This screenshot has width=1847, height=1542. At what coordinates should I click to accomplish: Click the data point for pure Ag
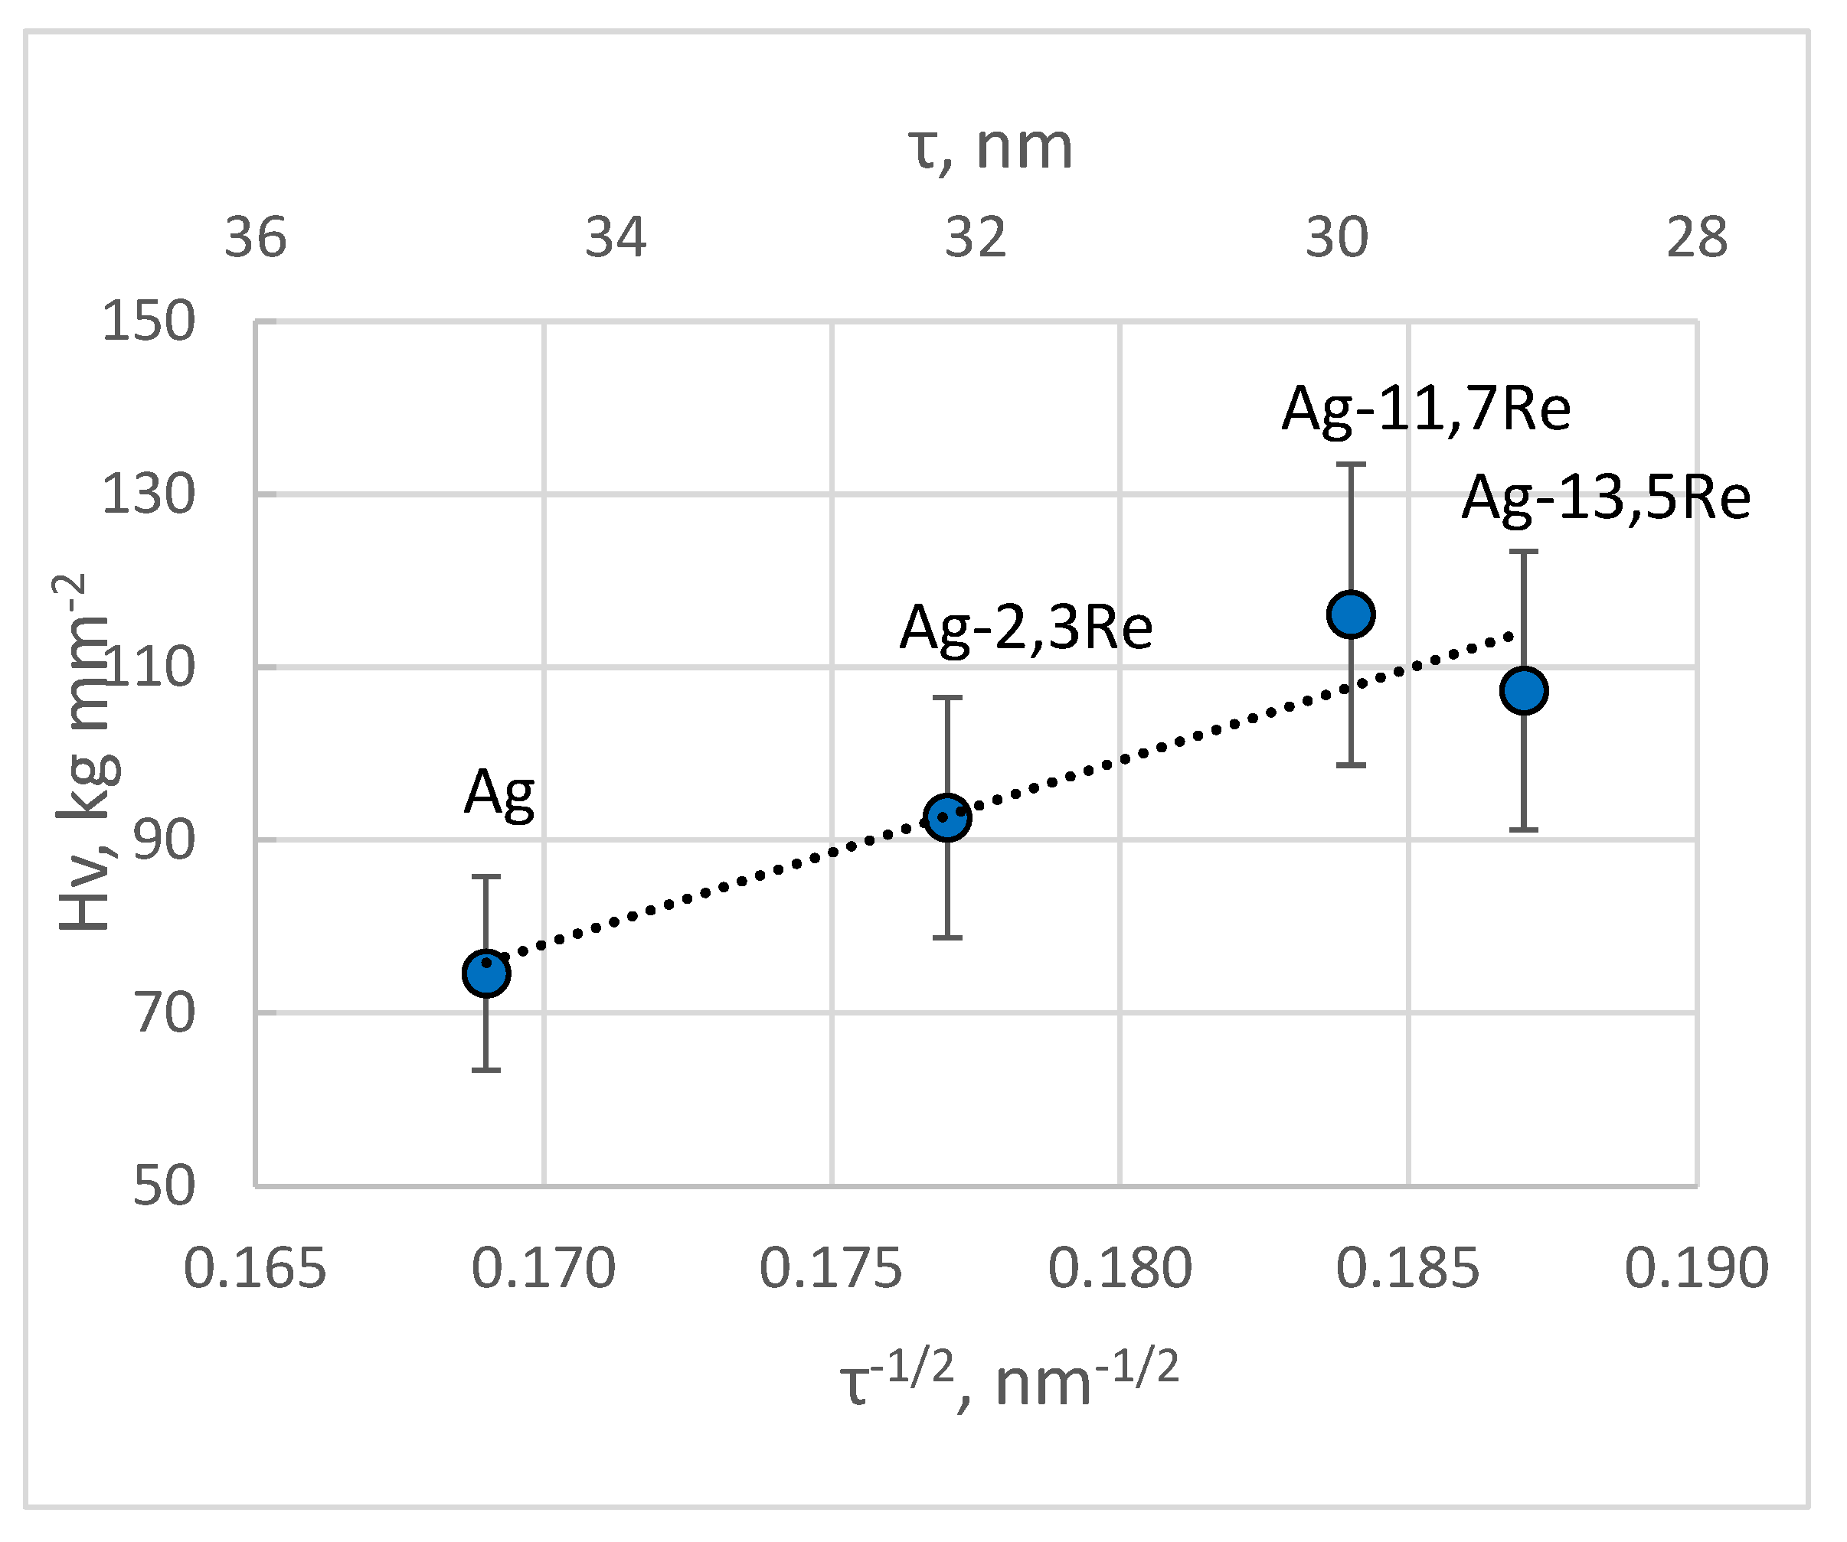click(486, 973)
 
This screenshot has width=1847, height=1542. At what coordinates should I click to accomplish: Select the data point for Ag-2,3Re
click(947, 817)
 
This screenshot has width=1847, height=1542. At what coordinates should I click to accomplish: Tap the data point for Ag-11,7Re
click(1351, 614)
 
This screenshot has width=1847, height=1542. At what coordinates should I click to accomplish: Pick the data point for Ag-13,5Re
click(1524, 690)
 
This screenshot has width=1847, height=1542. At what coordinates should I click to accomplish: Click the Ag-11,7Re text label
click(1426, 409)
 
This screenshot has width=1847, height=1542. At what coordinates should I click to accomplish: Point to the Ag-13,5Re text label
click(1606, 497)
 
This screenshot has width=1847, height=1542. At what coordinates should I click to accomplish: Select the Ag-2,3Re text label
click(1025, 628)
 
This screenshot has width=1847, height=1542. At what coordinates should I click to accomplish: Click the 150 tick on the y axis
click(148, 321)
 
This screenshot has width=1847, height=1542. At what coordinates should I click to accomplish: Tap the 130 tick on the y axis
click(148, 494)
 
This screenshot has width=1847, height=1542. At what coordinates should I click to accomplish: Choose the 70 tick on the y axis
click(164, 1012)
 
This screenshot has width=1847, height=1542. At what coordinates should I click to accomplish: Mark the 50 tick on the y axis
click(164, 1186)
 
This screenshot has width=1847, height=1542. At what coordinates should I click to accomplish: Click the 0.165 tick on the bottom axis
click(255, 1269)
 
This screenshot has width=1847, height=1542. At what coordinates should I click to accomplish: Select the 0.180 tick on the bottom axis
click(1120, 1269)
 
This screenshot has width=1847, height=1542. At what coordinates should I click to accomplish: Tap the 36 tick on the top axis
click(255, 237)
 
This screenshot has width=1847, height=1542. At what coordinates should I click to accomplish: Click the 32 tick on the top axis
click(976, 237)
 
